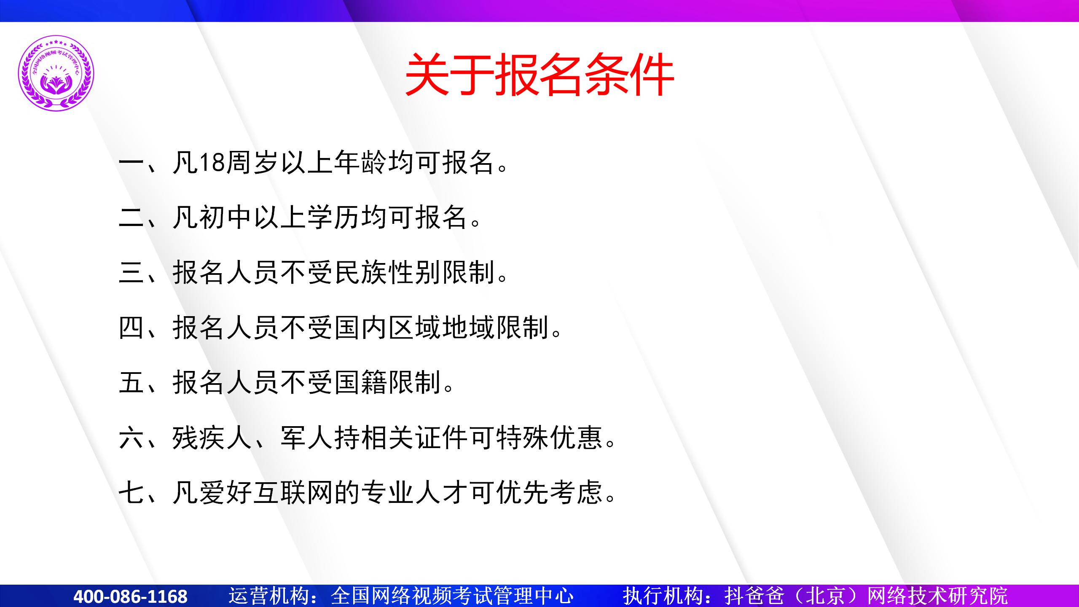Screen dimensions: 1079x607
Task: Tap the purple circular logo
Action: (56, 73)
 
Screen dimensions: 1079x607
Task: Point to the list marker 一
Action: (132, 162)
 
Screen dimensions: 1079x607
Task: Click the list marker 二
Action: (132, 218)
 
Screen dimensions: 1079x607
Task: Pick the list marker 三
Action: (132, 272)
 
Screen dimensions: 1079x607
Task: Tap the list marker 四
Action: (132, 328)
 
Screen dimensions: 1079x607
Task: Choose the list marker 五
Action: (132, 383)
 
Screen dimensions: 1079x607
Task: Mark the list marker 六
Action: (132, 438)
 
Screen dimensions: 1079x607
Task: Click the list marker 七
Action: (132, 492)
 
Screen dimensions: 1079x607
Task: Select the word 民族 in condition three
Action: (361, 272)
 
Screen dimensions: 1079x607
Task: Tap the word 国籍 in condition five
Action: (361, 383)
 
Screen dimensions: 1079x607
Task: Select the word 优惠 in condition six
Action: (576, 438)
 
